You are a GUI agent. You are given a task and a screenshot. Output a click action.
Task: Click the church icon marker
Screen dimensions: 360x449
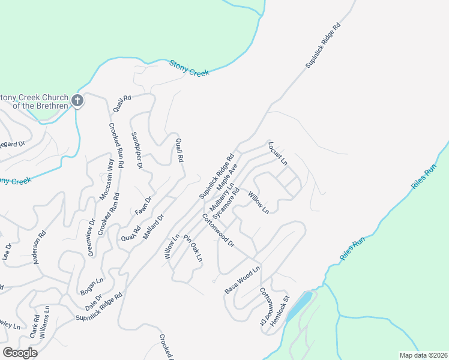pyautogui.click(x=77, y=101)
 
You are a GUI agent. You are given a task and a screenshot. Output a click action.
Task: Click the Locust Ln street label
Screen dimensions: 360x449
pyautogui.click(x=278, y=154)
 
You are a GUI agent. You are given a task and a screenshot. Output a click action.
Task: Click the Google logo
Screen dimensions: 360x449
pyautogui.click(x=20, y=353)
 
